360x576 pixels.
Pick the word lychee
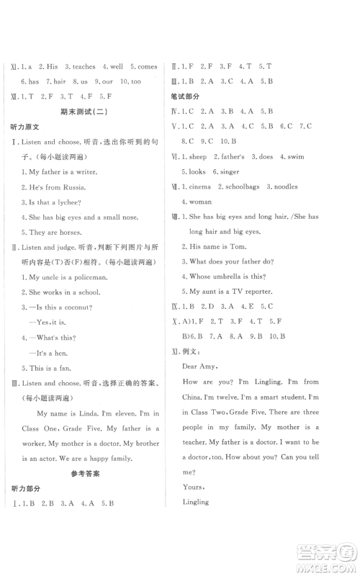click(71, 202)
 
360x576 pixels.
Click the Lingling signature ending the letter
click(194, 502)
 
